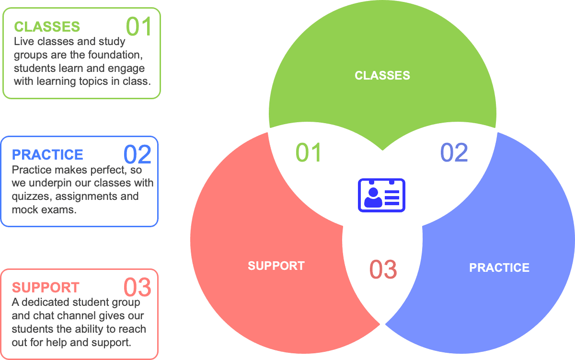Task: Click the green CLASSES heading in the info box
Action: tap(47, 26)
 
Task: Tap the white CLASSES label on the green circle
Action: tap(382, 75)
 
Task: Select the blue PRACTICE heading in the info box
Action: tap(47, 155)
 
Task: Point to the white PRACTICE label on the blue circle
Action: tap(499, 267)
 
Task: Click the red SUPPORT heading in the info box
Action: tap(46, 288)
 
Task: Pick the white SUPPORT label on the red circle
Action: tap(276, 266)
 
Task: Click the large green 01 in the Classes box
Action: tap(138, 27)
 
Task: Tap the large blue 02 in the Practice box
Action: tap(138, 154)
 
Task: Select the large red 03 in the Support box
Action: tap(138, 287)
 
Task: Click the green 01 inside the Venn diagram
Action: tap(309, 152)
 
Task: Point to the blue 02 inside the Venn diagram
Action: tap(454, 152)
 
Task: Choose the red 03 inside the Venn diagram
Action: tap(383, 269)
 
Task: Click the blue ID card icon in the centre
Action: tap(381, 195)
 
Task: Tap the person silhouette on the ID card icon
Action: tap(373, 197)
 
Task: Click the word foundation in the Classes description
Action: tap(115, 55)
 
